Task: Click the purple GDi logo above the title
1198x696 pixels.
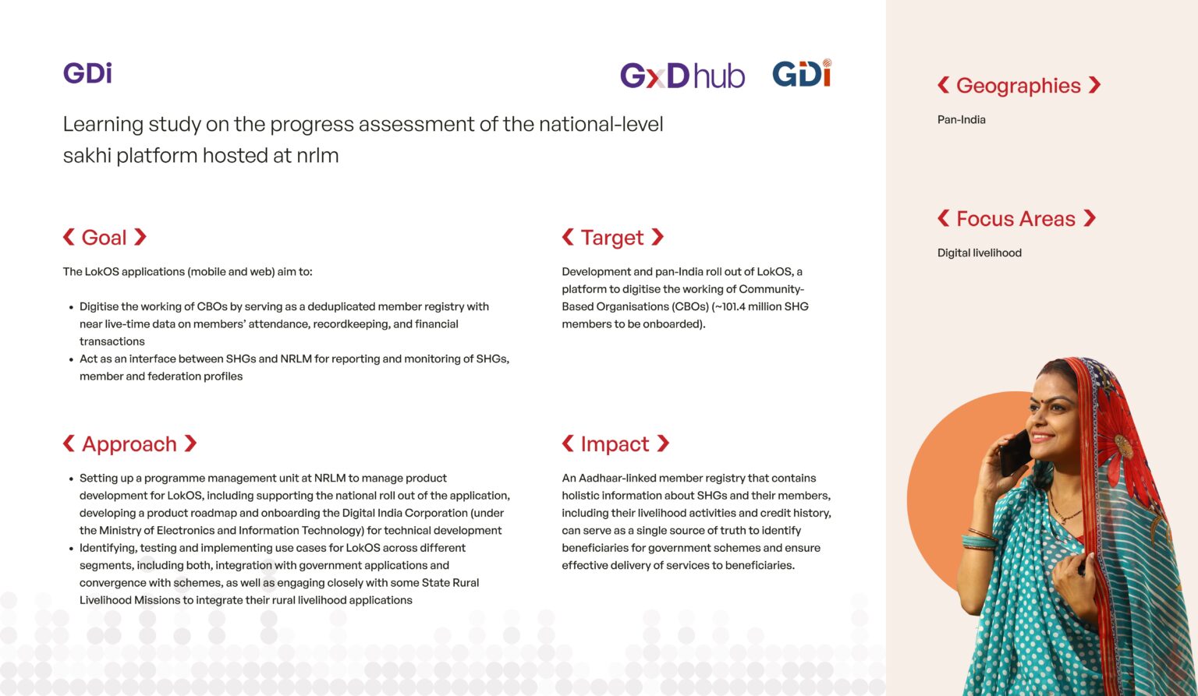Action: pyautogui.click(x=87, y=72)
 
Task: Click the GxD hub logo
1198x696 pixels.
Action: pyautogui.click(x=682, y=76)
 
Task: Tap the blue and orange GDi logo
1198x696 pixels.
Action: pyautogui.click(x=802, y=73)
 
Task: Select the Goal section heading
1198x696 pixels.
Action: pyautogui.click(x=105, y=238)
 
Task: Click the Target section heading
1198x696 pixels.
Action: pyautogui.click(x=612, y=238)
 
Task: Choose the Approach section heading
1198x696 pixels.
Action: pyautogui.click(x=129, y=443)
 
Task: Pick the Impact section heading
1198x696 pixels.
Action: pyautogui.click(x=615, y=443)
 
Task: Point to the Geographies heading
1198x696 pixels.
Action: pyautogui.click(x=1019, y=86)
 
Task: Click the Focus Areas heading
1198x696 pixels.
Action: pyautogui.click(x=1016, y=219)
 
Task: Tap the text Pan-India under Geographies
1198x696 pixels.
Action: pyautogui.click(x=961, y=120)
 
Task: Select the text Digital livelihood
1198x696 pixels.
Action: pyautogui.click(x=980, y=253)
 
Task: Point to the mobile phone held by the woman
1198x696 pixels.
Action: pyautogui.click(x=1014, y=454)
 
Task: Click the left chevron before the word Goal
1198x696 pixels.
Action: pyautogui.click(x=69, y=237)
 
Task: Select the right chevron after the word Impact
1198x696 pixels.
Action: pyautogui.click(x=663, y=443)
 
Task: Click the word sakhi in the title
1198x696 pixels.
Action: pyautogui.click(x=87, y=156)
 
